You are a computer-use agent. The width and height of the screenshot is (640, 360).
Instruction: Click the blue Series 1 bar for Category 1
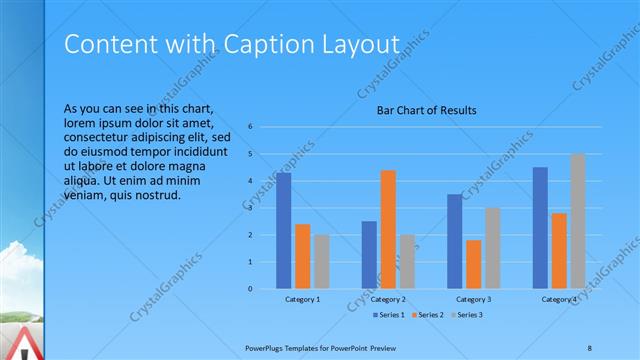coord(284,230)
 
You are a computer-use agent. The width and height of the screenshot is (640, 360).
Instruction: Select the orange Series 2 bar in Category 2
coord(388,229)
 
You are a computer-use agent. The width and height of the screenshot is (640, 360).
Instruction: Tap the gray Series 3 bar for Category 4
coord(578,221)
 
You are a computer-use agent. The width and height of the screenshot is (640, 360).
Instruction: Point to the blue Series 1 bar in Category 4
coord(540,227)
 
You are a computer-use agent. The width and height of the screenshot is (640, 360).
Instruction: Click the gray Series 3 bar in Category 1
coord(320,261)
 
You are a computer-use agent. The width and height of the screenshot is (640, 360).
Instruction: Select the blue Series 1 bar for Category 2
coord(369,254)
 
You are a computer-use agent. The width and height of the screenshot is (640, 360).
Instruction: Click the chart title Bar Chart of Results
coord(426,110)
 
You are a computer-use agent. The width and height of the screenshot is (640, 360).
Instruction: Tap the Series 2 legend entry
coord(430,315)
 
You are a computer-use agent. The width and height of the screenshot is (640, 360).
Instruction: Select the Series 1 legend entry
coord(389,315)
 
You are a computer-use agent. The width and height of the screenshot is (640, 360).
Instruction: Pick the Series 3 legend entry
coord(469,315)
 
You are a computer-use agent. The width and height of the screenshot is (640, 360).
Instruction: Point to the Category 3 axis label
coord(474,299)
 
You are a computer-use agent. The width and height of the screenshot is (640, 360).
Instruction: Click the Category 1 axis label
coord(303,299)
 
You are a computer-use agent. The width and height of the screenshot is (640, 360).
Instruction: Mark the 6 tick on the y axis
coord(263,127)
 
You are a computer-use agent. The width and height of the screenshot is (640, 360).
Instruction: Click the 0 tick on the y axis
coord(263,289)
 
